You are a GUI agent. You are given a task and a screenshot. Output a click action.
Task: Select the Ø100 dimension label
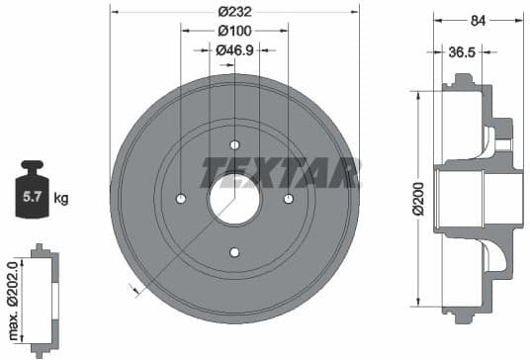click(x=233, y=31)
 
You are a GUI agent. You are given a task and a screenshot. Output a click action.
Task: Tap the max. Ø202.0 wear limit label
click(x=11, y=295)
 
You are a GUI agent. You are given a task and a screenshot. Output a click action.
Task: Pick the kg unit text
click(x=61, y=199)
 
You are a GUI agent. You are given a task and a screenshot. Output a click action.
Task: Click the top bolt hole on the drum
click(x=234, y=145)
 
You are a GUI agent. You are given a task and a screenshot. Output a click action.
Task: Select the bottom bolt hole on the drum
click(x=234, y=252)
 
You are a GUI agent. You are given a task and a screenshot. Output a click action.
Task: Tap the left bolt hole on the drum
click(x=181, y=199)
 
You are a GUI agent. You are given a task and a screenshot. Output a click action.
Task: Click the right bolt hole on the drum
click(x=288, y=199)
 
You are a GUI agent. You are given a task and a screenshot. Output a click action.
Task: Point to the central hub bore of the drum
click(x=234, y=199)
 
